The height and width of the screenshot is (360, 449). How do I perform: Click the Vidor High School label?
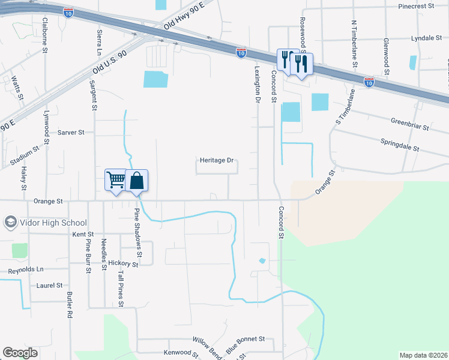53,223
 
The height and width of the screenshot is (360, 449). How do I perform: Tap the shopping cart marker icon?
115,179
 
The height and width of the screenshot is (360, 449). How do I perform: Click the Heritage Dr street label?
216,161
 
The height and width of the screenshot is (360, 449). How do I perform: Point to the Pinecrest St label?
417,5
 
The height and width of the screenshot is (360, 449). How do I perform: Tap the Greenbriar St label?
410,124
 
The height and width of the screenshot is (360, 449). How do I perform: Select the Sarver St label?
71,132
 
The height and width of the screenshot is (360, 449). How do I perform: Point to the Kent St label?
83,234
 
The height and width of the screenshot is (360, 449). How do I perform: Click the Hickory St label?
124,263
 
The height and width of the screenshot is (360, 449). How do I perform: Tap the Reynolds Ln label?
26,271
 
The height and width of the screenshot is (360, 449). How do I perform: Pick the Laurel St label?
50,286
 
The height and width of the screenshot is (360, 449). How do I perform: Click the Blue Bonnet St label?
245,343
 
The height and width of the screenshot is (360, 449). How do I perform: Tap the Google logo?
20,353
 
